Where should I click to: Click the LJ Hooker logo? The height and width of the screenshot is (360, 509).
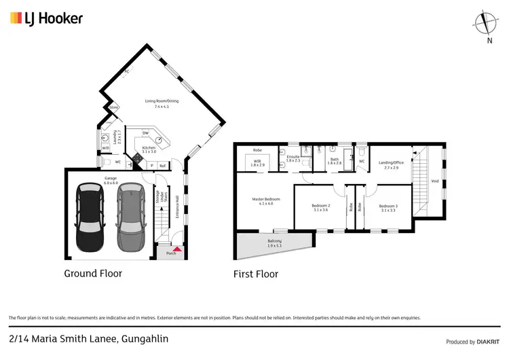tap(46, 18)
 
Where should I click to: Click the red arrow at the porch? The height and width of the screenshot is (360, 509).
tap(177, 250)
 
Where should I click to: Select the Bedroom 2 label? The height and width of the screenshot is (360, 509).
tap(321, 208)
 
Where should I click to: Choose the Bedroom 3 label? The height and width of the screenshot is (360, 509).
tap(388, 208)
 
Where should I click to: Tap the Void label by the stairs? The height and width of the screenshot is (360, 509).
tap(434, 181)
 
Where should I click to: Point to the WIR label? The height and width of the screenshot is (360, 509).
tap(258, 163)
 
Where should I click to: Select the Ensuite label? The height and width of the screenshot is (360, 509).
tap(293, 158)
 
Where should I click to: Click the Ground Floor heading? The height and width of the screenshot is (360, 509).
tap(93, 274)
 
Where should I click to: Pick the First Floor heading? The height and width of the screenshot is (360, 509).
tap(256, 274)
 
